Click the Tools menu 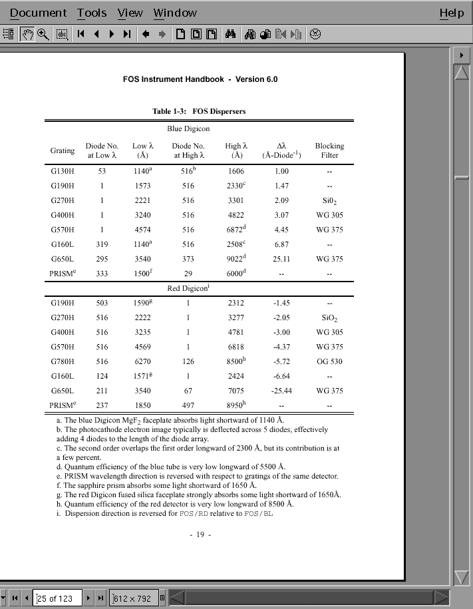(x=92, y=13)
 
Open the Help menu (x=452, y=13)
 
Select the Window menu (x=175, y=13)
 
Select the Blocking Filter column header (x=329, y=150)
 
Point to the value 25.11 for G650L (x=281, y=259)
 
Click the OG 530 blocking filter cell (x=329, y=361)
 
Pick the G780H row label (x=63, y=361)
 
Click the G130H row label (x=63, y=171)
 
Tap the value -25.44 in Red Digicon (x=281, y=391)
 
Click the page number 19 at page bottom (x=200, y=535)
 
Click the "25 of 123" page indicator (x=59, y=598)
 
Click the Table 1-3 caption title (x=199, y=111)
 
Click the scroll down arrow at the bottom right (x=461, y=577)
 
